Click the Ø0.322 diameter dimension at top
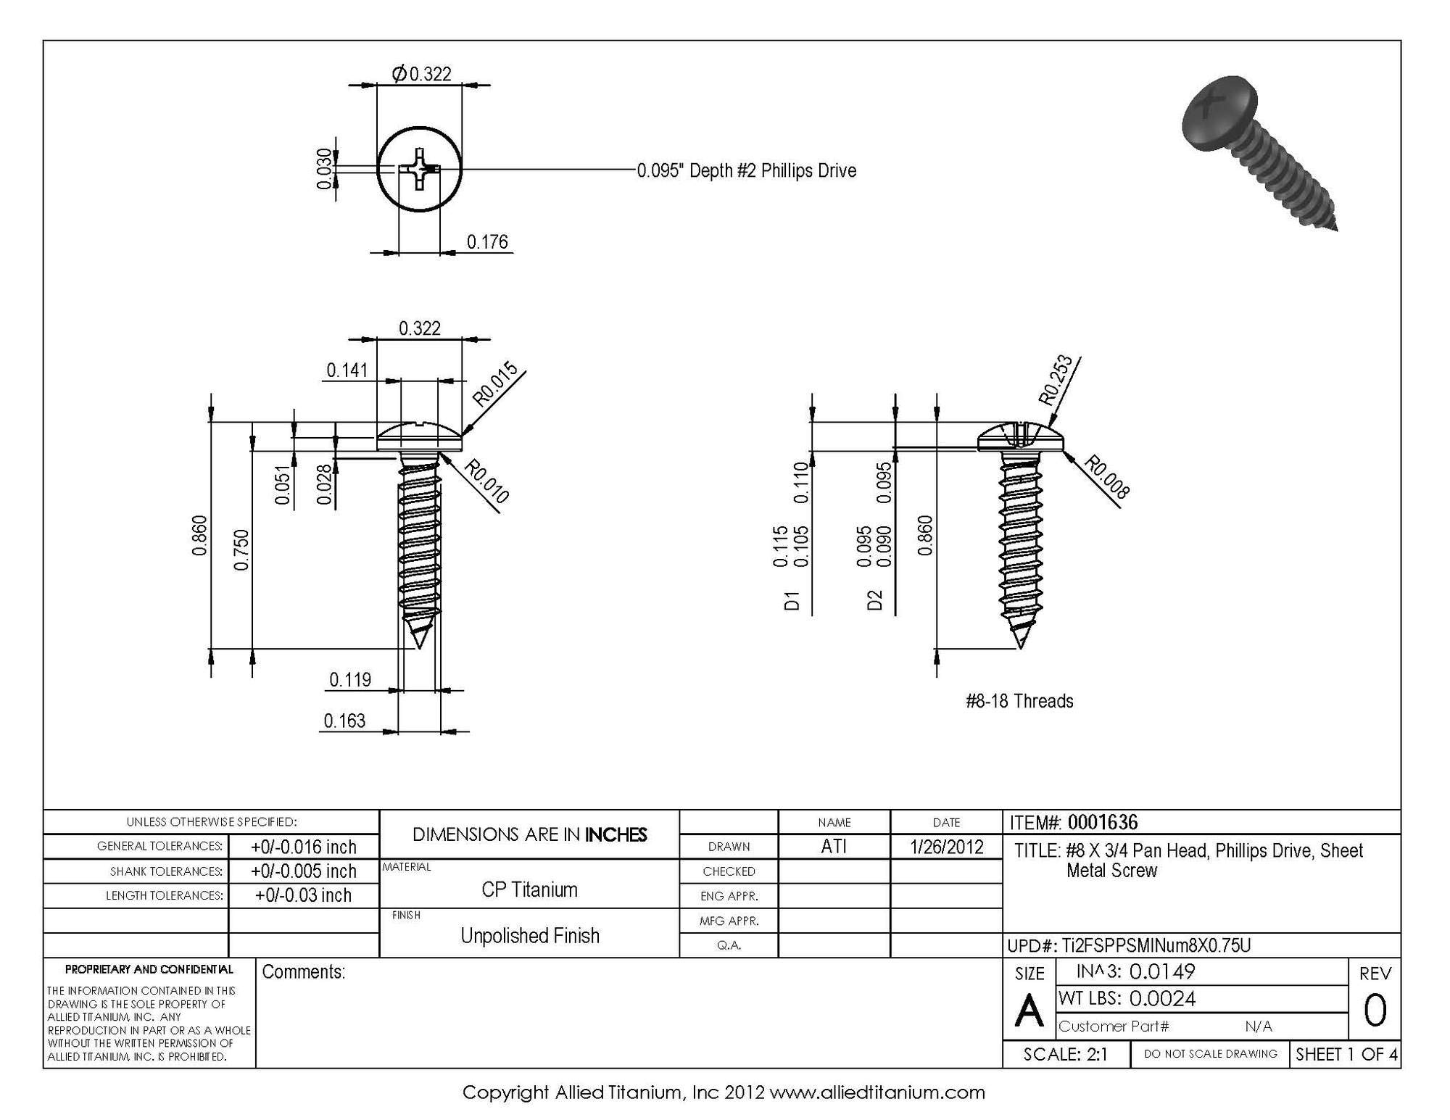(421, 74)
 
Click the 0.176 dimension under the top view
(486, 242)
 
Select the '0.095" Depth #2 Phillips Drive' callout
(746, 171)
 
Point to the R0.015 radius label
(495, 383)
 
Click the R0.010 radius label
(486, 481)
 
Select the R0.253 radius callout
(1056, 379)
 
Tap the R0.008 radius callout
(1106, 478)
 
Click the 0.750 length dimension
(241, 550)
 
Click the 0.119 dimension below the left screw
(350, 680)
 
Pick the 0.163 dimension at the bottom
(344, 721)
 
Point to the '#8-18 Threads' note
(1019, 701)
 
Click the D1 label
(792, 601)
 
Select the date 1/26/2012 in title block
(946, 847)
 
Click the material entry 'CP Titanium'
(529, 890)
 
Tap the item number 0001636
(1102, 823)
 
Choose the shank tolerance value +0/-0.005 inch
(303, 871)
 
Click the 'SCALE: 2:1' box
(1065, 1055)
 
